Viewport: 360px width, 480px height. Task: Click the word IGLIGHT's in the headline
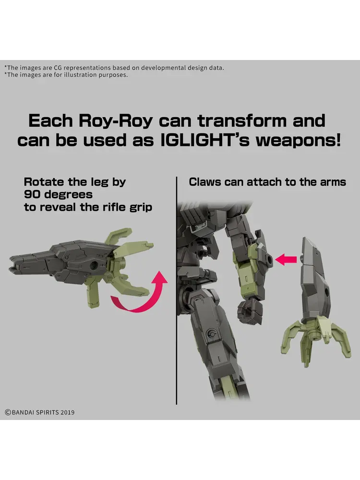pyautogui.click(x=205, y=140)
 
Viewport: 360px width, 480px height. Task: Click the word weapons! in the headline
pyautogui.click(x=298, y=141)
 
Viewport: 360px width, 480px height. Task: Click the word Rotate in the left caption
pyautogui.click(x=44, y=181)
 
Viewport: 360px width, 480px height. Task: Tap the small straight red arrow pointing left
pyautogui.click(x=286, y=260)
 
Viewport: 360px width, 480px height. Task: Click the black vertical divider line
pyautogui.click(x=177, y=290)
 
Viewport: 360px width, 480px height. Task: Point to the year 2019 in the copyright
pyautogui.click(x=67, y=412)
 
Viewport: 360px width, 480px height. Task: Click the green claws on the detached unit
pyautogui.click(x=316, y=339)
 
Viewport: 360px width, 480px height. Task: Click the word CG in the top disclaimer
pyautogui.click(x=58, y=68)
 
